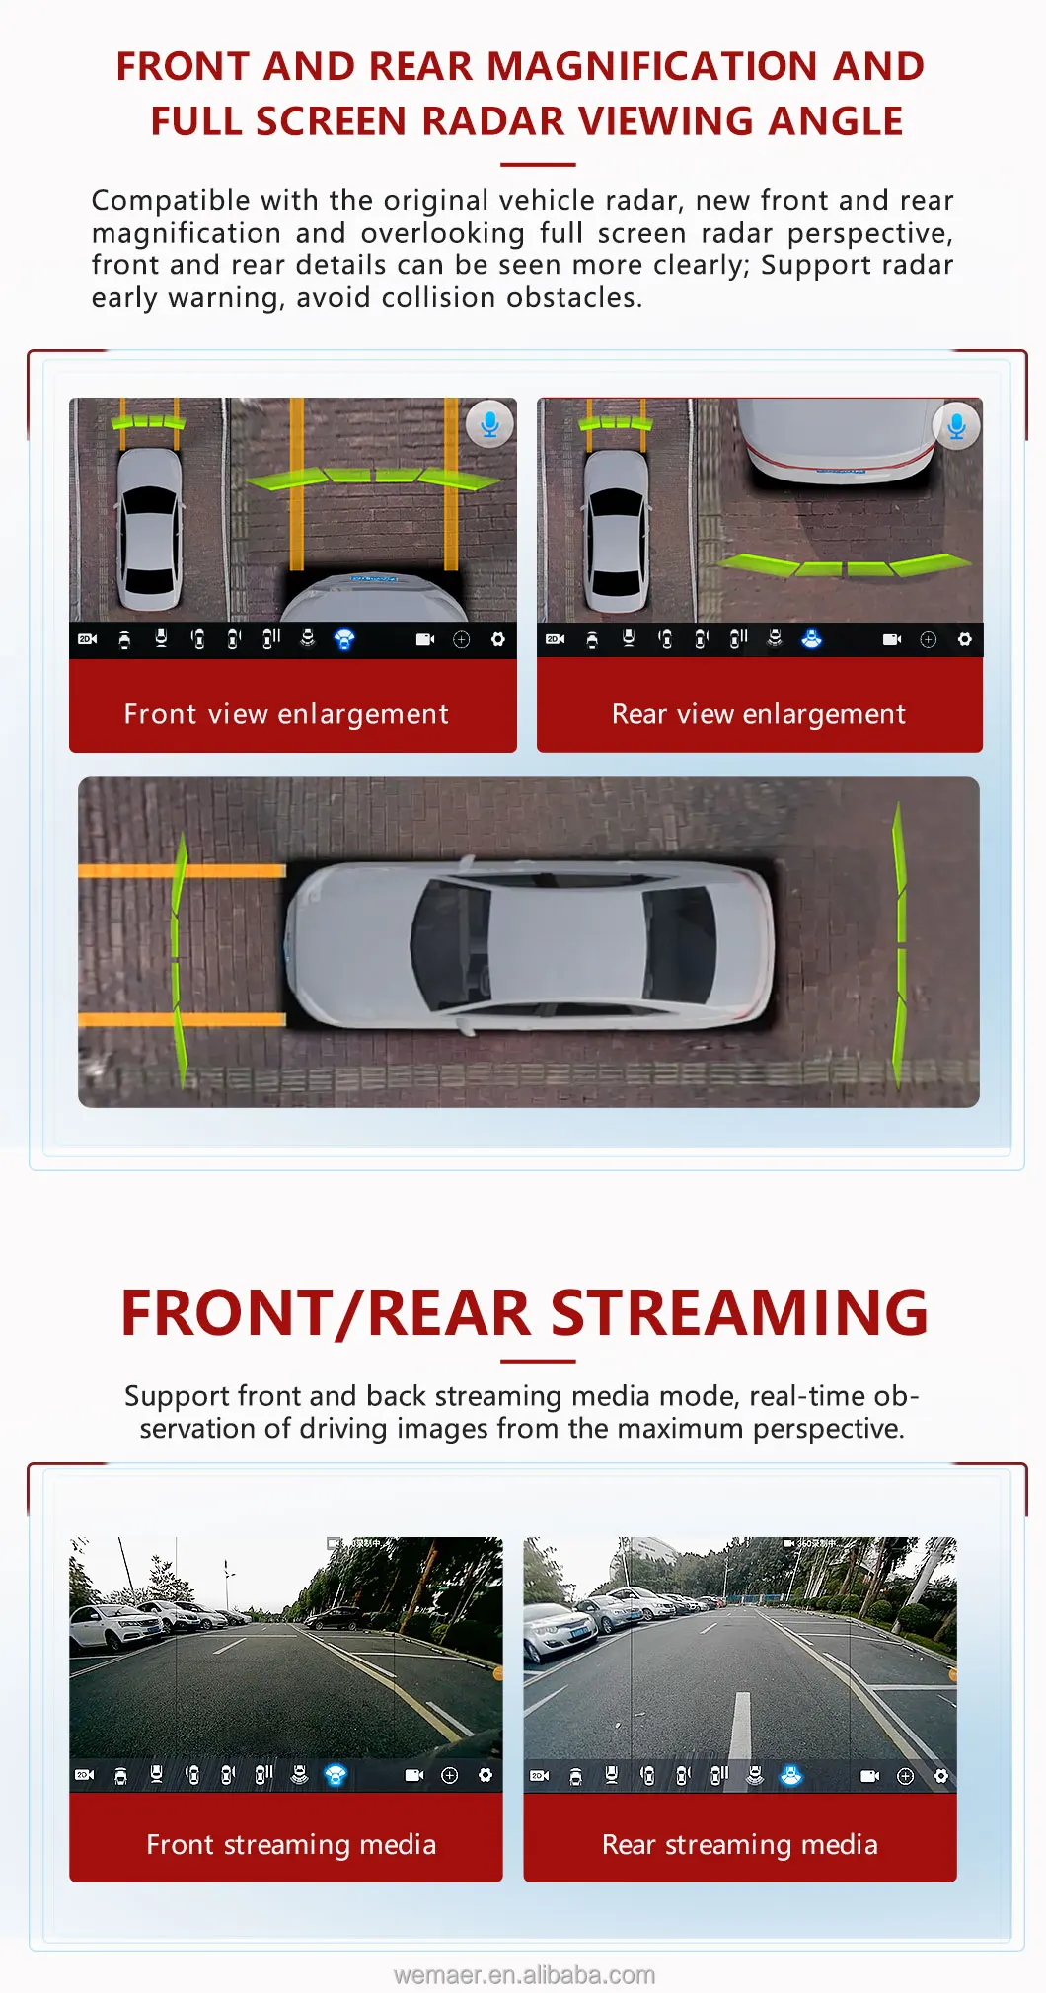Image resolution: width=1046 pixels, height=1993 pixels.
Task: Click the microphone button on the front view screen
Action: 489,424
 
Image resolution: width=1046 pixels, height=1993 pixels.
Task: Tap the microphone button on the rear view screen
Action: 956,425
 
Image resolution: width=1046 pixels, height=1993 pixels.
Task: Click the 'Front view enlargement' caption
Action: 286,714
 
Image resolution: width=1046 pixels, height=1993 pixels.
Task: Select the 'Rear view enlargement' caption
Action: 758,714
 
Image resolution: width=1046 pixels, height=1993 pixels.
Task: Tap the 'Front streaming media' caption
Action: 290,1844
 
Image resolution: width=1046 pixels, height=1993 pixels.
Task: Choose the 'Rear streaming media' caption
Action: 739,1844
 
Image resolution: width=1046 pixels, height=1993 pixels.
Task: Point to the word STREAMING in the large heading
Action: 739,1313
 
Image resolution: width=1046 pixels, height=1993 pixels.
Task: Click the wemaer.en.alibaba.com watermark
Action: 524,1974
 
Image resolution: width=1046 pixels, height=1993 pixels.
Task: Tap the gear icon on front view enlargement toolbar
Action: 497,639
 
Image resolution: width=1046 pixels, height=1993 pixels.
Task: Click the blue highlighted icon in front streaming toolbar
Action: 336,1775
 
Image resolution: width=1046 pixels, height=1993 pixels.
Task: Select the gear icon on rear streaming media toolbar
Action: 940,1776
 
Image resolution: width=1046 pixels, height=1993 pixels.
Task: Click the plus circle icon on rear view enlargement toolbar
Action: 928,639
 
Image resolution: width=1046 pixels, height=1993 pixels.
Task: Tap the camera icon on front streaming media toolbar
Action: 414,1775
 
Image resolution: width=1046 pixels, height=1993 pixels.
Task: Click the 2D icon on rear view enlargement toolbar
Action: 555,639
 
